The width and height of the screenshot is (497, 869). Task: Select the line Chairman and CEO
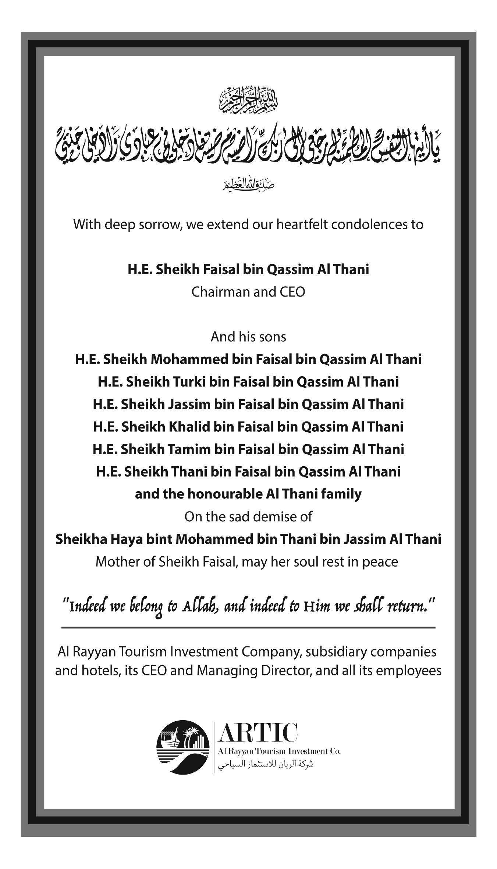(248, 292)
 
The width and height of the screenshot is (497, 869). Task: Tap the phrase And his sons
(248, 337)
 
